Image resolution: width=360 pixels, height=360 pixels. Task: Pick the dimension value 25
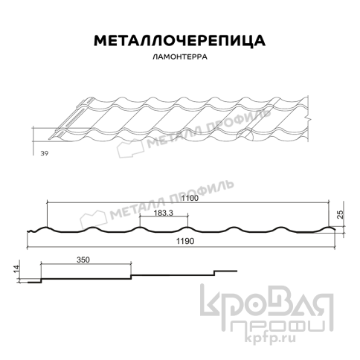point(339,214)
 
